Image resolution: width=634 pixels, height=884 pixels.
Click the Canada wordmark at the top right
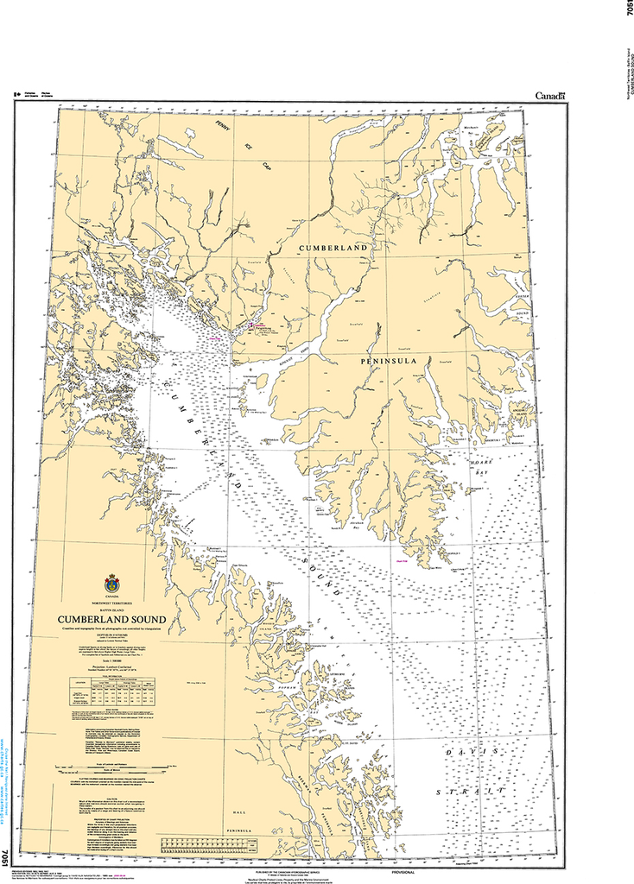click(x=549, y=96)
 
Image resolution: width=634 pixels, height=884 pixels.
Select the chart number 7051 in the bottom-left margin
click(x=7, y=857)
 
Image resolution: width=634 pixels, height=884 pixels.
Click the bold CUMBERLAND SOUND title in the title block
click(x=107, y=619)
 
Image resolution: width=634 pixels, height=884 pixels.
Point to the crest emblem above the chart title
click(x=111, y=584)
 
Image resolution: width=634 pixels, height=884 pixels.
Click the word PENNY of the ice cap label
click(x=227, y=129)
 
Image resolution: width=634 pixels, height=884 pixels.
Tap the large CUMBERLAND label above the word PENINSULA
click(x=333, y=248)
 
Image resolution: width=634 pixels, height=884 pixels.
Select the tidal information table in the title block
click(x=111, y=692)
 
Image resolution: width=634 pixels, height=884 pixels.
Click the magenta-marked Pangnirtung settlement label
click(x=256, y=326)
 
